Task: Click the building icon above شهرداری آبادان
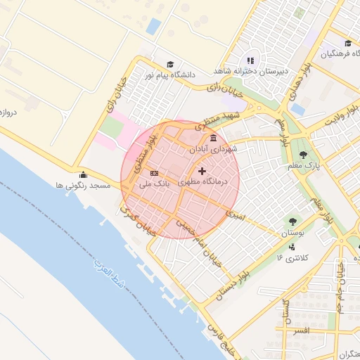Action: pyautogui.click(x=213, y=138)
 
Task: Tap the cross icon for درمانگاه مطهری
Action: pyautogui.click(x=202, y=171)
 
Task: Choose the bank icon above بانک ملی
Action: pyautogui.click(x=154, y=173)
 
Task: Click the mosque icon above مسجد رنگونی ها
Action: pyautogui.click(x=83, y=174)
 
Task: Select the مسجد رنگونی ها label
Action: pyautogui.click(x=83, y=186)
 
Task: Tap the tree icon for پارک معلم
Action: pyautogui.click(x=303, y=154)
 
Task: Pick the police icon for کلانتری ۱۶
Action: pyautogui.click(x=291, y=247)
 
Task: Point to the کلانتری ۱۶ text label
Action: pyautogui.click(x=288, y=258)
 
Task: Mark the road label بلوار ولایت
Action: pyautogui.click(x=344, y=112)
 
